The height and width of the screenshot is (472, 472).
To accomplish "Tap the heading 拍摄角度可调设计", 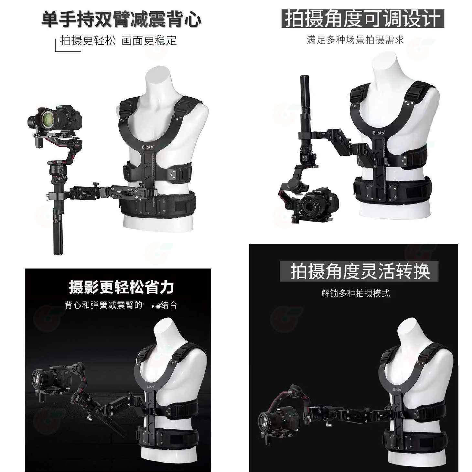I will [362, 19].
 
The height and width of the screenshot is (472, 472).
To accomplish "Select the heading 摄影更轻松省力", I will [121, 287].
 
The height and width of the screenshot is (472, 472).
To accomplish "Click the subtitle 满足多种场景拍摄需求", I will [355, 40].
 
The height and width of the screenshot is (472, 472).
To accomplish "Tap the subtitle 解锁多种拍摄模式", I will [355, 293].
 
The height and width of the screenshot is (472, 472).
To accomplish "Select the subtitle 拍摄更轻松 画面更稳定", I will [118, 41].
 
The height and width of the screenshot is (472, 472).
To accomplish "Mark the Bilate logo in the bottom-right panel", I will [397, 390].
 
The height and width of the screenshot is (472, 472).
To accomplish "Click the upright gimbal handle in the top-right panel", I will [305, 94].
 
